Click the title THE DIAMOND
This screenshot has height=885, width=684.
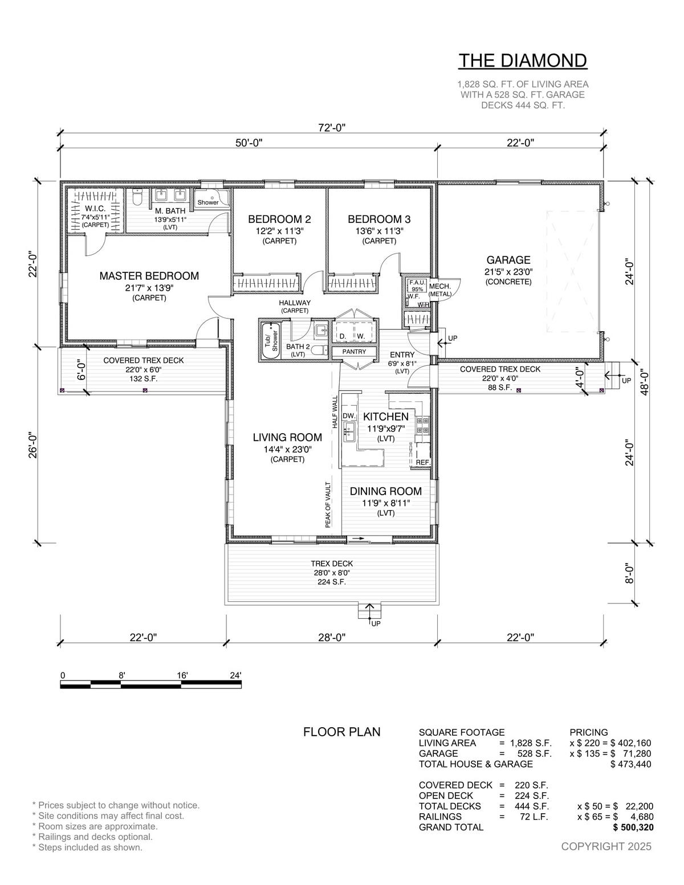pos(523,60)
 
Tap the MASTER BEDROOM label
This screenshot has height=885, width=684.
pos(149,276)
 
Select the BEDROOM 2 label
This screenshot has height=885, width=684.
pos(279,219)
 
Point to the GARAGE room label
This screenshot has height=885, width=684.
pos(508,260)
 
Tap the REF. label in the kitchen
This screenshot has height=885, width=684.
pos(423,463)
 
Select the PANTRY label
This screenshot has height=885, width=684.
pos(354,352)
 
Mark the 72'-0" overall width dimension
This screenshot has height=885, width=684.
pos(332,128)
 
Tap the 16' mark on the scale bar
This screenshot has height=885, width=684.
pos(182,675)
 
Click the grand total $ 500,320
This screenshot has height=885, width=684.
pos(633,827)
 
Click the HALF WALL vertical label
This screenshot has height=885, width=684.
pos(335,412)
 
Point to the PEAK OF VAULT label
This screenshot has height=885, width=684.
pos(328,505)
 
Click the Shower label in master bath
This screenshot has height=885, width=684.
pos(208,202)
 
